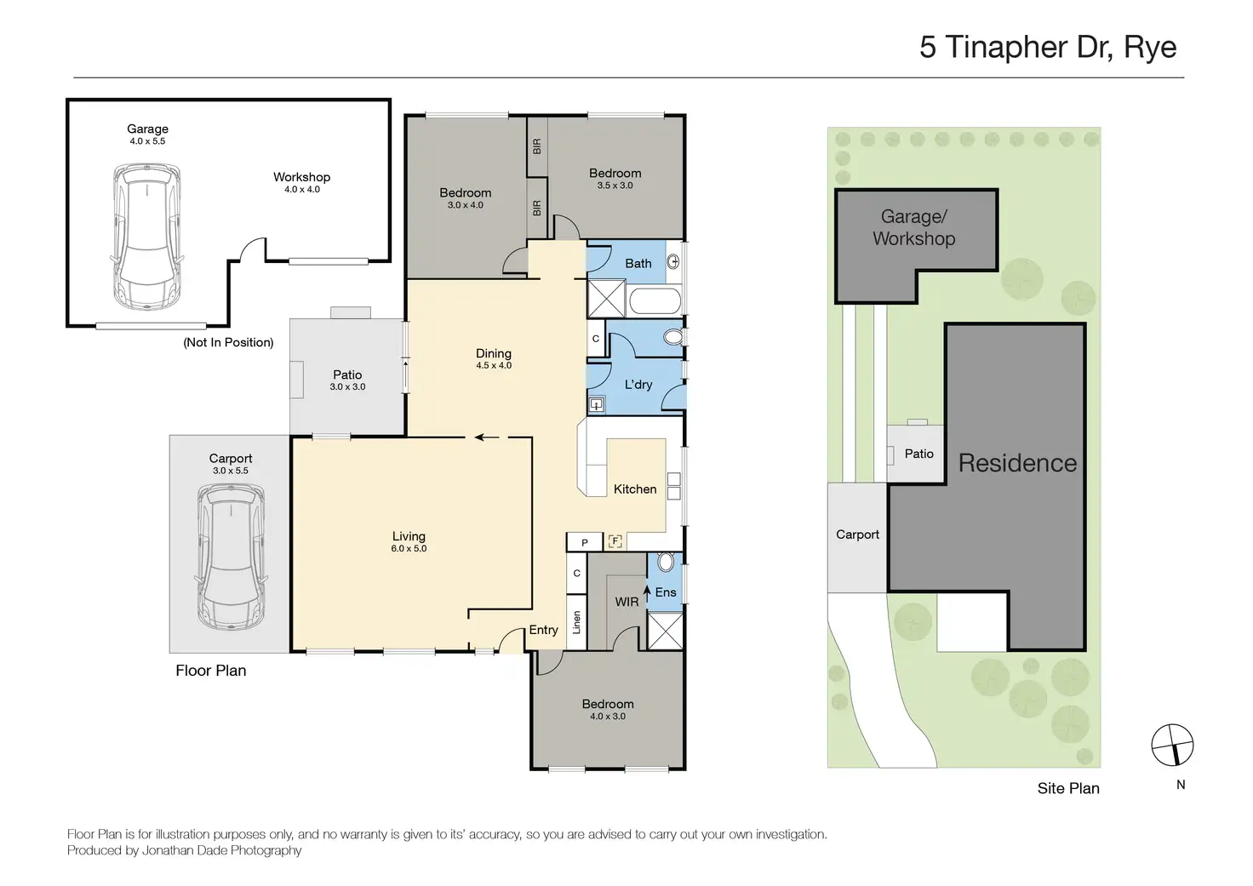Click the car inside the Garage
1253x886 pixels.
click(147, 237)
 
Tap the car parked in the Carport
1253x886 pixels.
click(231, 557)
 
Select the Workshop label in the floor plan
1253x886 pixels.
click(301, 177)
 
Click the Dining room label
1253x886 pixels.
click(494, 353)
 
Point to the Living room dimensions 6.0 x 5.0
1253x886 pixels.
click(409, 549)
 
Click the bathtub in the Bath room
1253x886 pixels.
click(655, 301)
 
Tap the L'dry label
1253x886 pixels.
click(638, 384)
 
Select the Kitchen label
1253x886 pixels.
click(635, 489)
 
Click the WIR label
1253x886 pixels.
click(626, 602)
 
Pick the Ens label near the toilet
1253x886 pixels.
click(666, 592)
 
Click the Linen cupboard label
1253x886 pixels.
click(577, 622)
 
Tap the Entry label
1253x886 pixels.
click(543, 630)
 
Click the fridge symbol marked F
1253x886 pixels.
click(615, 541)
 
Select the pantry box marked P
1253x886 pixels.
click(584, 542)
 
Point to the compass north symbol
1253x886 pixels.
click(1172, 745)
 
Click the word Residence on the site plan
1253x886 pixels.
click(1017, 463)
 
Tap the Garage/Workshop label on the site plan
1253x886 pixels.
click(914, 227)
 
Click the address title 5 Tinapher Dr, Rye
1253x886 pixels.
click(1048, 47)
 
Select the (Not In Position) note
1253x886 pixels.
click(228, 342)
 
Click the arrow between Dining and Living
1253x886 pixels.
click(487, 437)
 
